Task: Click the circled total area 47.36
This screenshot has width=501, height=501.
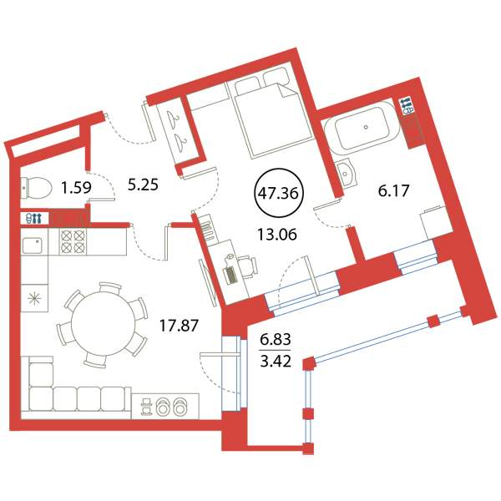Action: point(279,193)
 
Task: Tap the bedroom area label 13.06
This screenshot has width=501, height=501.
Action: point(277,235)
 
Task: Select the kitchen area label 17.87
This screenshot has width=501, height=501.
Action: point(179,326)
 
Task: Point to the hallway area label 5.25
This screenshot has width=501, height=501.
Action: point(143,185)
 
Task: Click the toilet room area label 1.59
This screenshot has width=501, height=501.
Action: point(77,188)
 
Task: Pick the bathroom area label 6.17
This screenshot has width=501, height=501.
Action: point(393,190)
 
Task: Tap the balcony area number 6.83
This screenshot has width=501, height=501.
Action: point(276,339)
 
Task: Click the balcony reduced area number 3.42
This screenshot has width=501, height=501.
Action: point(276,362)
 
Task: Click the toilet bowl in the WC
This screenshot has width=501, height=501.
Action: point(37,188)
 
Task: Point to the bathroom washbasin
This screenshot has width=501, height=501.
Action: point(347,173)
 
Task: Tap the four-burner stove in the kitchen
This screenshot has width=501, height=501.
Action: point(73,241)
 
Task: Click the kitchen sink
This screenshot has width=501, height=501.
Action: point(33,245)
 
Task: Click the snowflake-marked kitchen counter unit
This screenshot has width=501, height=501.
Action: point(34,299)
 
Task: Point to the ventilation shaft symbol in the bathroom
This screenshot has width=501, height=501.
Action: point(406,106)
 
